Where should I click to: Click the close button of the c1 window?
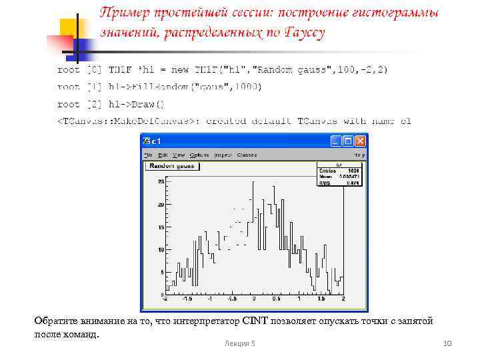coord(360,141)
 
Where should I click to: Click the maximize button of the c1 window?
coord(348,141)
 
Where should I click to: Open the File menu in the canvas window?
coord(147,155)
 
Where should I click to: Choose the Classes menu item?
coord(247,155)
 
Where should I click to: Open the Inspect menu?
coord(223,155)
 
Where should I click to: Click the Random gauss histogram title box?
coord(171,165)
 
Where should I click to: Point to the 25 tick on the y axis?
coord(160,181)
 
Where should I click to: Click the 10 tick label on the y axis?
coord(160,250)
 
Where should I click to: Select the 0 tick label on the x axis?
coord(254,300)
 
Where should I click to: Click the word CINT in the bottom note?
coord(255,321)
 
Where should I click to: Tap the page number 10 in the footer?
coord(447,343)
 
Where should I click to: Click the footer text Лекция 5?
coord(239,343)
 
